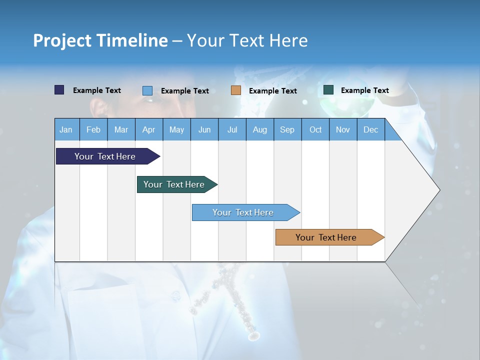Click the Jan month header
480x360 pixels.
66,129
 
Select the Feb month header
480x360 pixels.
93,129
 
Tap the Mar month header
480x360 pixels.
121,129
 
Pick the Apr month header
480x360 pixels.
149,129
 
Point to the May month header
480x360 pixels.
176,129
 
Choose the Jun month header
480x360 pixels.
204,129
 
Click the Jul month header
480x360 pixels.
232,129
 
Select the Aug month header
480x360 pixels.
260,129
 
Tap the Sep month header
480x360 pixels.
287,129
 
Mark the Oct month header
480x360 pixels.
315,129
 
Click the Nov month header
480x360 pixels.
343,129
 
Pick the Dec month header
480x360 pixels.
371,129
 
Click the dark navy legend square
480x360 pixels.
59,90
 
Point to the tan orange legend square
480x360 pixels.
236,90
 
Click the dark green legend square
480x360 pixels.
328,90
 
